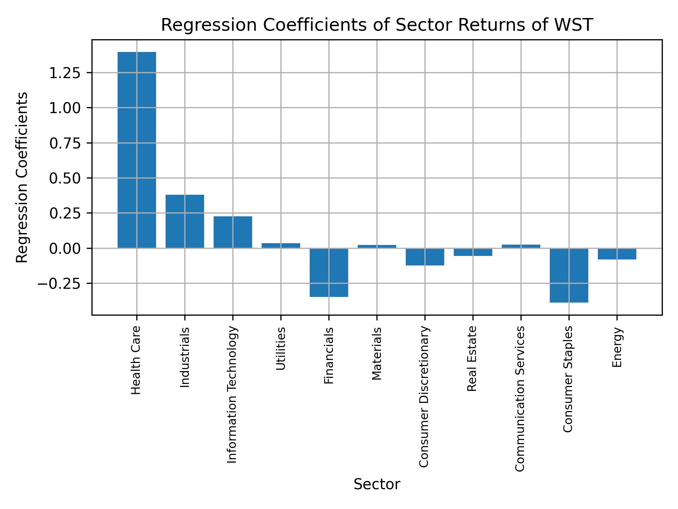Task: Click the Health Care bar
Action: [x=137, y=150]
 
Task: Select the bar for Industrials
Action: [x=185, y=221]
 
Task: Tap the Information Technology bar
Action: [x=233, y=232]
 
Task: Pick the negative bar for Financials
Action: [x=329, y=273]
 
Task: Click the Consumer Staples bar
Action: [x=569, y=275]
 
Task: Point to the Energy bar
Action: [x=617, y=254]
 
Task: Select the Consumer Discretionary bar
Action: [x=425, y=257]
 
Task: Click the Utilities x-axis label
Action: [x=281, y=349]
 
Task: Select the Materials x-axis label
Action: [x=377, y=353]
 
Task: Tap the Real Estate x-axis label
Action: [x=472, y=358]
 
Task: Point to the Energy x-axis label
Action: [x=617, y=347]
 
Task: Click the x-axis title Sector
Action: [x=377, y=484]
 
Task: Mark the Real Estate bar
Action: [x=473, y=252]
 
